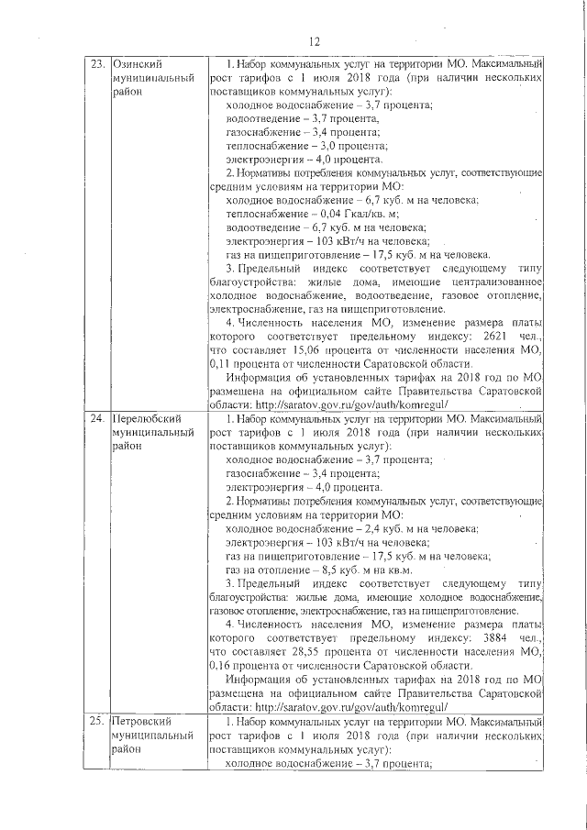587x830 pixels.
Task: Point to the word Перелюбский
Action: coord(146,419)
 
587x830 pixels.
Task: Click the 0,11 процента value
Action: coord(249,390)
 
